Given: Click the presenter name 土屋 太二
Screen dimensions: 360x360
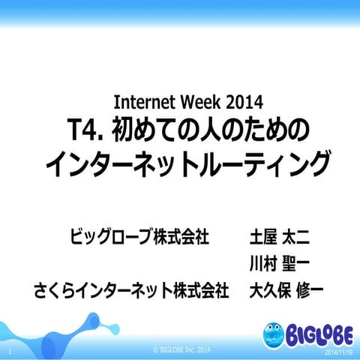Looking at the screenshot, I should click(279, 238).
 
